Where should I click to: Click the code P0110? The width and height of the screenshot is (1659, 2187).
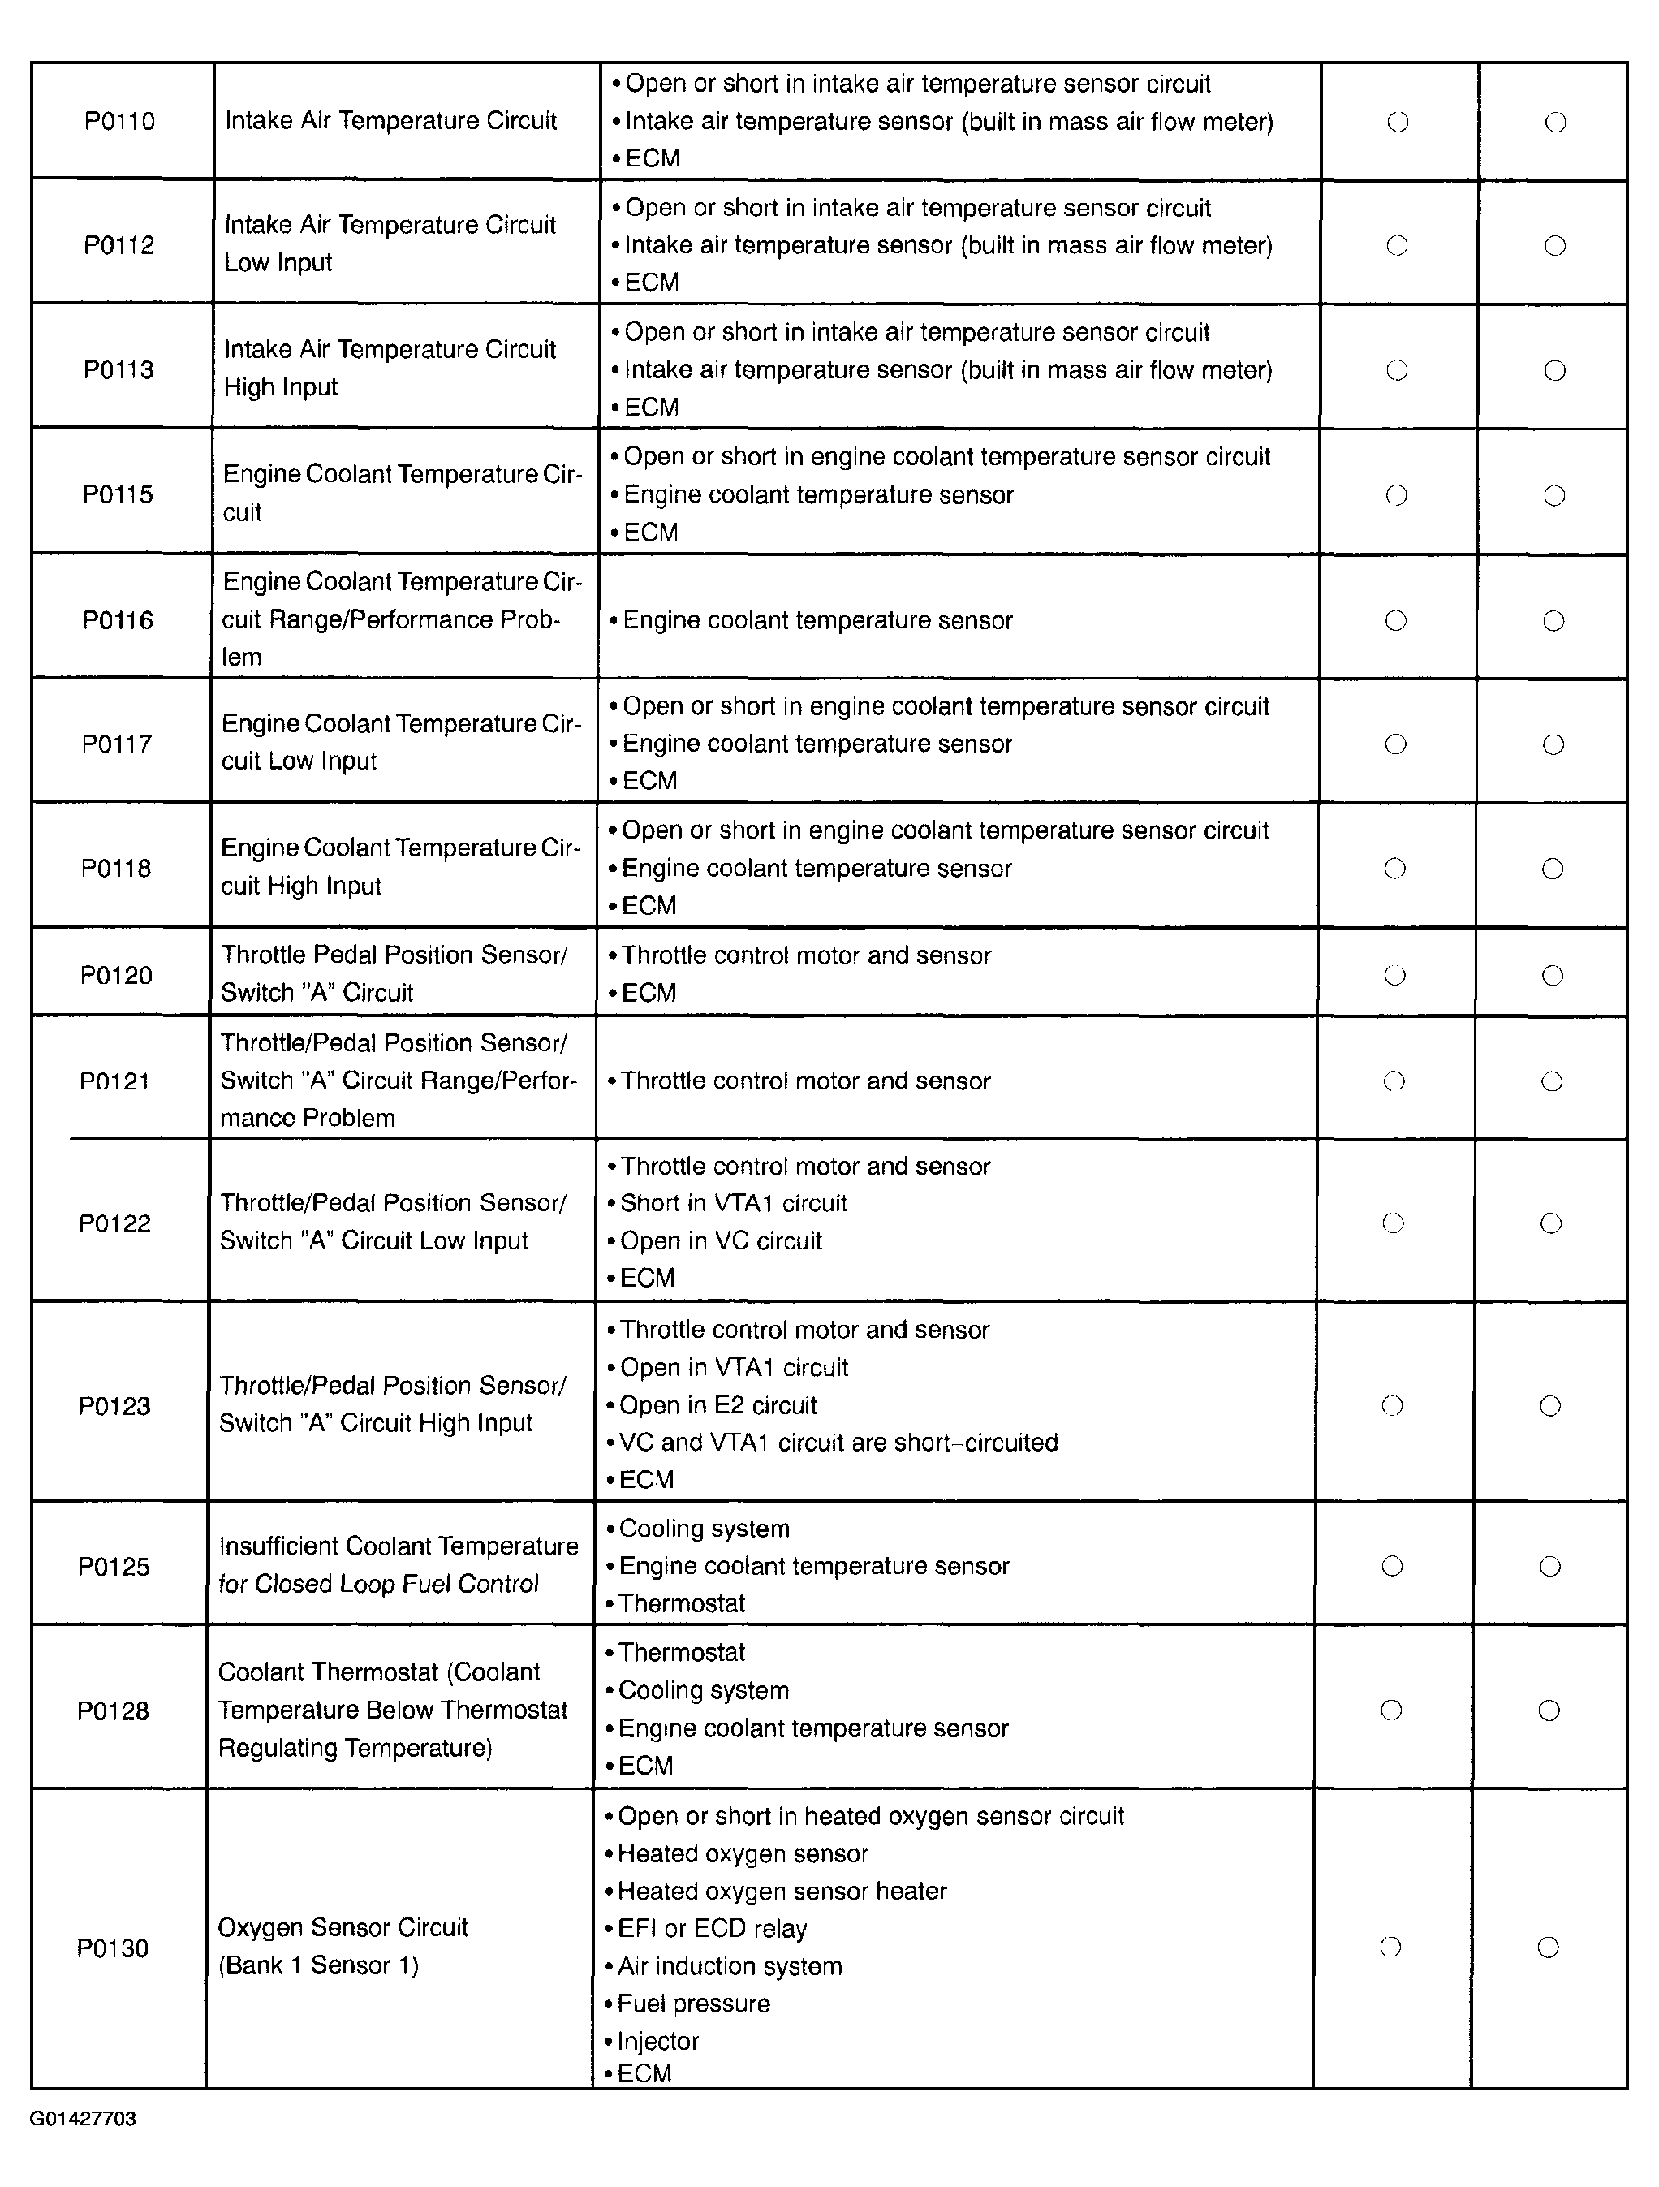[x=119, y=122]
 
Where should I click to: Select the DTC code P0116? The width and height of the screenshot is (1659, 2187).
[x=118, y=620]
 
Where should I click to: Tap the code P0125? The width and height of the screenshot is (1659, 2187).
[x=114, y=1566]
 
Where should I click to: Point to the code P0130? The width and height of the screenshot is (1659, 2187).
[x=113, y=1948]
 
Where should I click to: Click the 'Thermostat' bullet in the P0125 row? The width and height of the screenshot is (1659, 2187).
[x=681, y=1603]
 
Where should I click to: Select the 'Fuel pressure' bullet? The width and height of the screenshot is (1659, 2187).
[x=693, y=2003]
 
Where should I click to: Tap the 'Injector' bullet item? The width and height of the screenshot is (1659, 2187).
[x=657, y=2041]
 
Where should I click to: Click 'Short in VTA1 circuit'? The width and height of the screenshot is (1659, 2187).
[x=734, y=1203]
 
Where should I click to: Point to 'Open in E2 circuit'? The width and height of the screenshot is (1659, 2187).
[x=717, y=1405]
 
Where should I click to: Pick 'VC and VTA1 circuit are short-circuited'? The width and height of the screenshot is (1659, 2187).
[x=838, y=1443]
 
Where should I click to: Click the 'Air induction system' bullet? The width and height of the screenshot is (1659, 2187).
[x=730, y=1965]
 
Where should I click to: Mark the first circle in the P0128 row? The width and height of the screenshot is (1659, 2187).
[x=1391, y=1710]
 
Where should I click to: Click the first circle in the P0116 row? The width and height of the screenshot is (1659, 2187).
[x=1396, y=620]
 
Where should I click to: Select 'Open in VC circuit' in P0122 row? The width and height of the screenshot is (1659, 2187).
[x=721, y=1240]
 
